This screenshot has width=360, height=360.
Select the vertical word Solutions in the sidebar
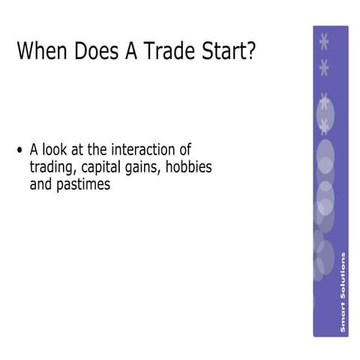pyautogui.click(x=343, y=277)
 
